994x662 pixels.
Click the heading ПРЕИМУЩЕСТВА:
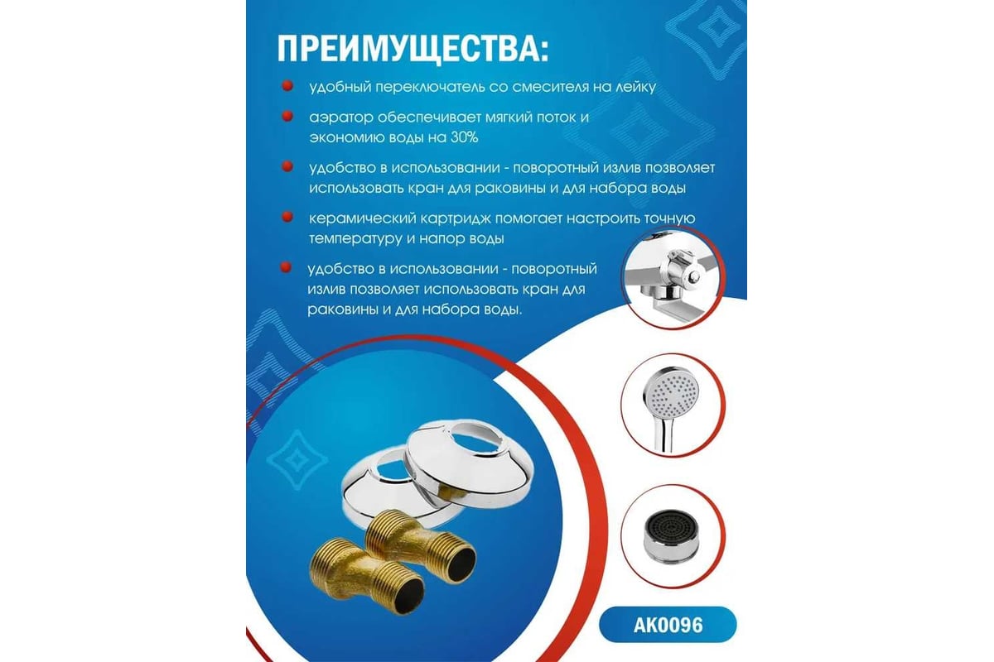click(x=413, y=49)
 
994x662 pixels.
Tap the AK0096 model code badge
click(x=668, y=625)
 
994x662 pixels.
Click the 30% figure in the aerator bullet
click(x=465, y=137)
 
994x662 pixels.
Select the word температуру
click(x=355, y=239)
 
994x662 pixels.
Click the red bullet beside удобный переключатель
click(x=287, y=85)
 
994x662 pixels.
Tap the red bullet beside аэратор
click(x=287, y=116)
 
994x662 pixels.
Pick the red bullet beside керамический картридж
click(x=287, y=217)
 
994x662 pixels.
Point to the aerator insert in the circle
click(x=671, y=535)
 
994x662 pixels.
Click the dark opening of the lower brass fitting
click(x=408, y=597)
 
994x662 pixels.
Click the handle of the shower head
click(x=663, y=435)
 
